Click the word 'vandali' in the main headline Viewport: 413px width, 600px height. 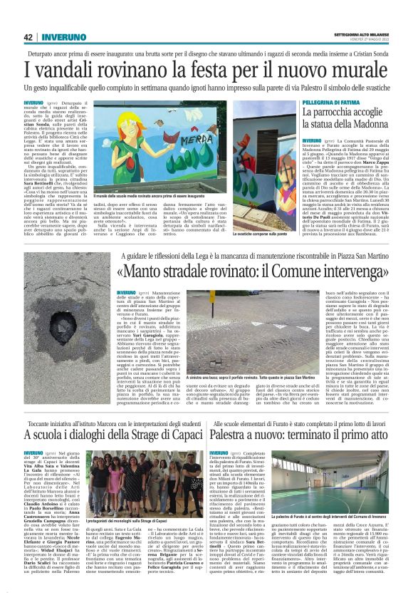(70, 71)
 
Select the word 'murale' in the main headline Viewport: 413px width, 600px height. (359, 71)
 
